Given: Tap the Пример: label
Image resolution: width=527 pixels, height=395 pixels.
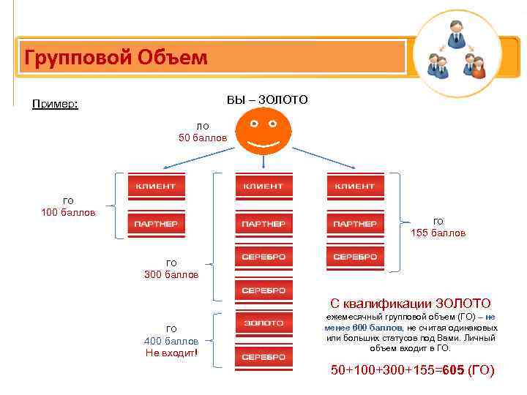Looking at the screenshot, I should (x=55, y=105).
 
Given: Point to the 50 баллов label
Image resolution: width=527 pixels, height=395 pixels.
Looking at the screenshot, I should (x=203, y=138).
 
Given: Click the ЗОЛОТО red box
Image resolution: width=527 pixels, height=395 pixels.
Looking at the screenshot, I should (x=263, y=323).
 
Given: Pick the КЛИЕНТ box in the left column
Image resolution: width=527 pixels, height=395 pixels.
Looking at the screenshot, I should (x=155, y=187).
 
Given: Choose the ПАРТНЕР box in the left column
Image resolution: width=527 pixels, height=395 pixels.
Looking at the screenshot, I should (x=155, y=222).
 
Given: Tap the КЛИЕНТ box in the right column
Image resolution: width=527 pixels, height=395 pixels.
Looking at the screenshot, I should (x=355, y=187).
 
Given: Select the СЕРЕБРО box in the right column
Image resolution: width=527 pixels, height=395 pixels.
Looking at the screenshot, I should (x=355, y=257).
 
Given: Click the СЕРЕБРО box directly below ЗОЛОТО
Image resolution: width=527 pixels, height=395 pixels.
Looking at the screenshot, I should (x=263, y=357).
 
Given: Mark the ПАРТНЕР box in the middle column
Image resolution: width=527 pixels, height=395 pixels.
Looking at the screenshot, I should (x=263, y=222).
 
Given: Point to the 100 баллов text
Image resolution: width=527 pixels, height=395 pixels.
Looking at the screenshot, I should (x=68, y=213).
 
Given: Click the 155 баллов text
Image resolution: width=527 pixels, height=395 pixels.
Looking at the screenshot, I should (x=438, y=233).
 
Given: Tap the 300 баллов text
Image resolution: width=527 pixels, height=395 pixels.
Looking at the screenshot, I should (x=171, y=274).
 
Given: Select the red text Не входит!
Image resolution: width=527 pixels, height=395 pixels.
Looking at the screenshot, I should (x=171, y=353).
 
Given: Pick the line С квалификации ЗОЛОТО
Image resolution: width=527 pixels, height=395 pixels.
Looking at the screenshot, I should (x=410, y=303).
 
